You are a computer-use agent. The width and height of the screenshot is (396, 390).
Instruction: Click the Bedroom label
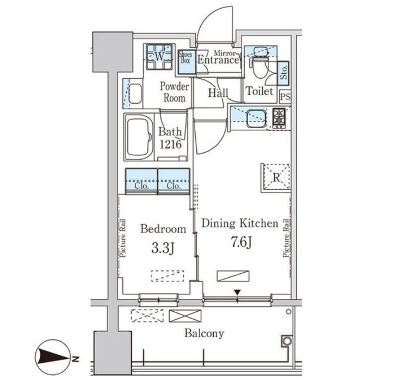tap(163, 229)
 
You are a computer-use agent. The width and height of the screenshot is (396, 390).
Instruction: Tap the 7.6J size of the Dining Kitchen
tap(241, 242)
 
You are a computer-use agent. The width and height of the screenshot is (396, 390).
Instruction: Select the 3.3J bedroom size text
tap(163, 248)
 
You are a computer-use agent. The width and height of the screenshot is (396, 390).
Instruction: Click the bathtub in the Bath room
tap(139, 137)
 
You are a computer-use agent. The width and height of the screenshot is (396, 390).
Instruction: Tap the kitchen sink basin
tap(256, 118)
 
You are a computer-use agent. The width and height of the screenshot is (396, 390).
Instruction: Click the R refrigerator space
tap(276, 178)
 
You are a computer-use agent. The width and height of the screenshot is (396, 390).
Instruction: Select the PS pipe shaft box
tap(286, 97)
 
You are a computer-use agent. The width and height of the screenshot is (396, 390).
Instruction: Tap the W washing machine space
tap(159, 56)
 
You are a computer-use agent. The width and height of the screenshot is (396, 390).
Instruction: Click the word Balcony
tap(205, 334)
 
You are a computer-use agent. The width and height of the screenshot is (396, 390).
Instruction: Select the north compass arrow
tap(53, 357)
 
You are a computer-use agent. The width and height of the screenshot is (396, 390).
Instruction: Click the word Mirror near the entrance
tap(225, 53)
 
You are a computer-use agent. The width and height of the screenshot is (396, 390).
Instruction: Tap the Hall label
tap(218, 93)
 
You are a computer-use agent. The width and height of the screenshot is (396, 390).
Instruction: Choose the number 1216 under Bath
tap(170, 144)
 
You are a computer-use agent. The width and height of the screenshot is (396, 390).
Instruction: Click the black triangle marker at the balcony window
tap(237, 292)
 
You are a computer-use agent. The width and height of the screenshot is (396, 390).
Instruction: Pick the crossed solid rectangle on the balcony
tap(185, 316)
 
